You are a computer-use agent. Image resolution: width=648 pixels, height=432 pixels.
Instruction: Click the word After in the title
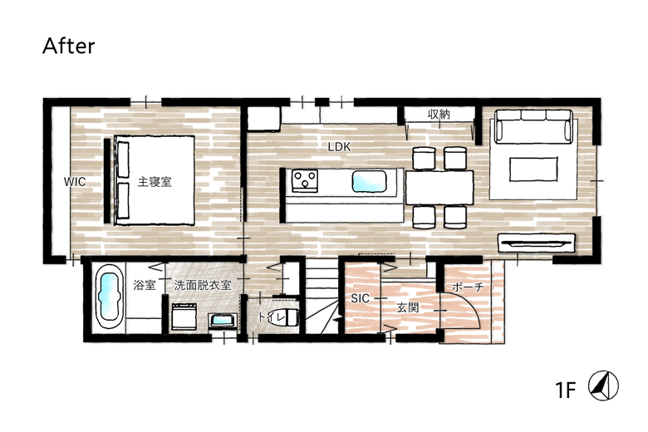tap(69, 46)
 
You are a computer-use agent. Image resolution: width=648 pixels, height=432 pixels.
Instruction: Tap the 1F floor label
tap(566, 390)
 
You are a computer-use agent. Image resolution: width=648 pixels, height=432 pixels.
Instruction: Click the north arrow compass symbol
tap(604, 385)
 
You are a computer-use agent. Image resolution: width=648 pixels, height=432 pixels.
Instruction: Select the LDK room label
tap(339, 147)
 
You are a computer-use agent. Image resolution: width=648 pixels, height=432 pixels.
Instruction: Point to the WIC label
tap(75, 181)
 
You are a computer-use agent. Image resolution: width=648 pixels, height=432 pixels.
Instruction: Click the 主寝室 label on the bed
tap(155, 181)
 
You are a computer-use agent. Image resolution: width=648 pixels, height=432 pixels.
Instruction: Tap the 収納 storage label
tap(439, 114)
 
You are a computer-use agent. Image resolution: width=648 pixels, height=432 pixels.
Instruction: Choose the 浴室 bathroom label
tap(145, 285)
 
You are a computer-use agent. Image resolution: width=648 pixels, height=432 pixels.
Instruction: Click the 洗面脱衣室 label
tap(203, 285)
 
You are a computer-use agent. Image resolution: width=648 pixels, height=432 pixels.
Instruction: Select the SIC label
tap(360, 298)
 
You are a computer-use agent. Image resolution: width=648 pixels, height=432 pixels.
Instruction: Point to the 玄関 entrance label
tap(408, 307)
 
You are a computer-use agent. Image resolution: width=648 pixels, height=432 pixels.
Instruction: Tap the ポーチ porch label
tap(468, 287)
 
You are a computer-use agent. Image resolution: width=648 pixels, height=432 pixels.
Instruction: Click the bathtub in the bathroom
tap(109, 297)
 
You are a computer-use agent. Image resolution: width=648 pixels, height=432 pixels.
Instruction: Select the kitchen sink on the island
tap(369, 181)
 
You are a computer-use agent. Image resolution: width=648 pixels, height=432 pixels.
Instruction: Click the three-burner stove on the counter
tap(305, 180)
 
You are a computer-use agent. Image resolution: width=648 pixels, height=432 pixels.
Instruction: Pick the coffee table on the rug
tap(533, 169)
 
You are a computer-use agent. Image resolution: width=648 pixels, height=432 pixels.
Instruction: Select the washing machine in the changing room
tap(184, 317)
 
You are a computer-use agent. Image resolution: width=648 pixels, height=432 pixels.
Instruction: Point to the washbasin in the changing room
tap(223, 321)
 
